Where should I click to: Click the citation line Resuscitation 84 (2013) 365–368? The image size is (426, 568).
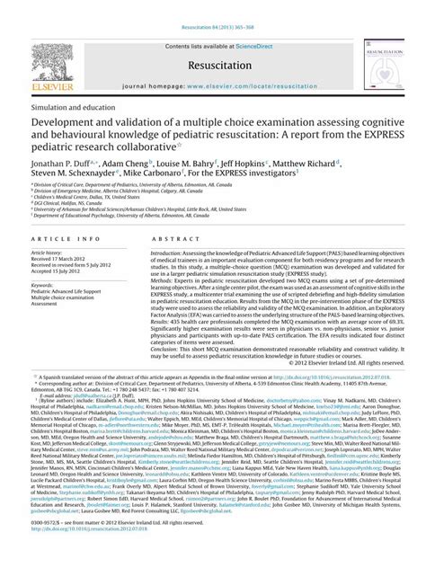pos(213,8)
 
